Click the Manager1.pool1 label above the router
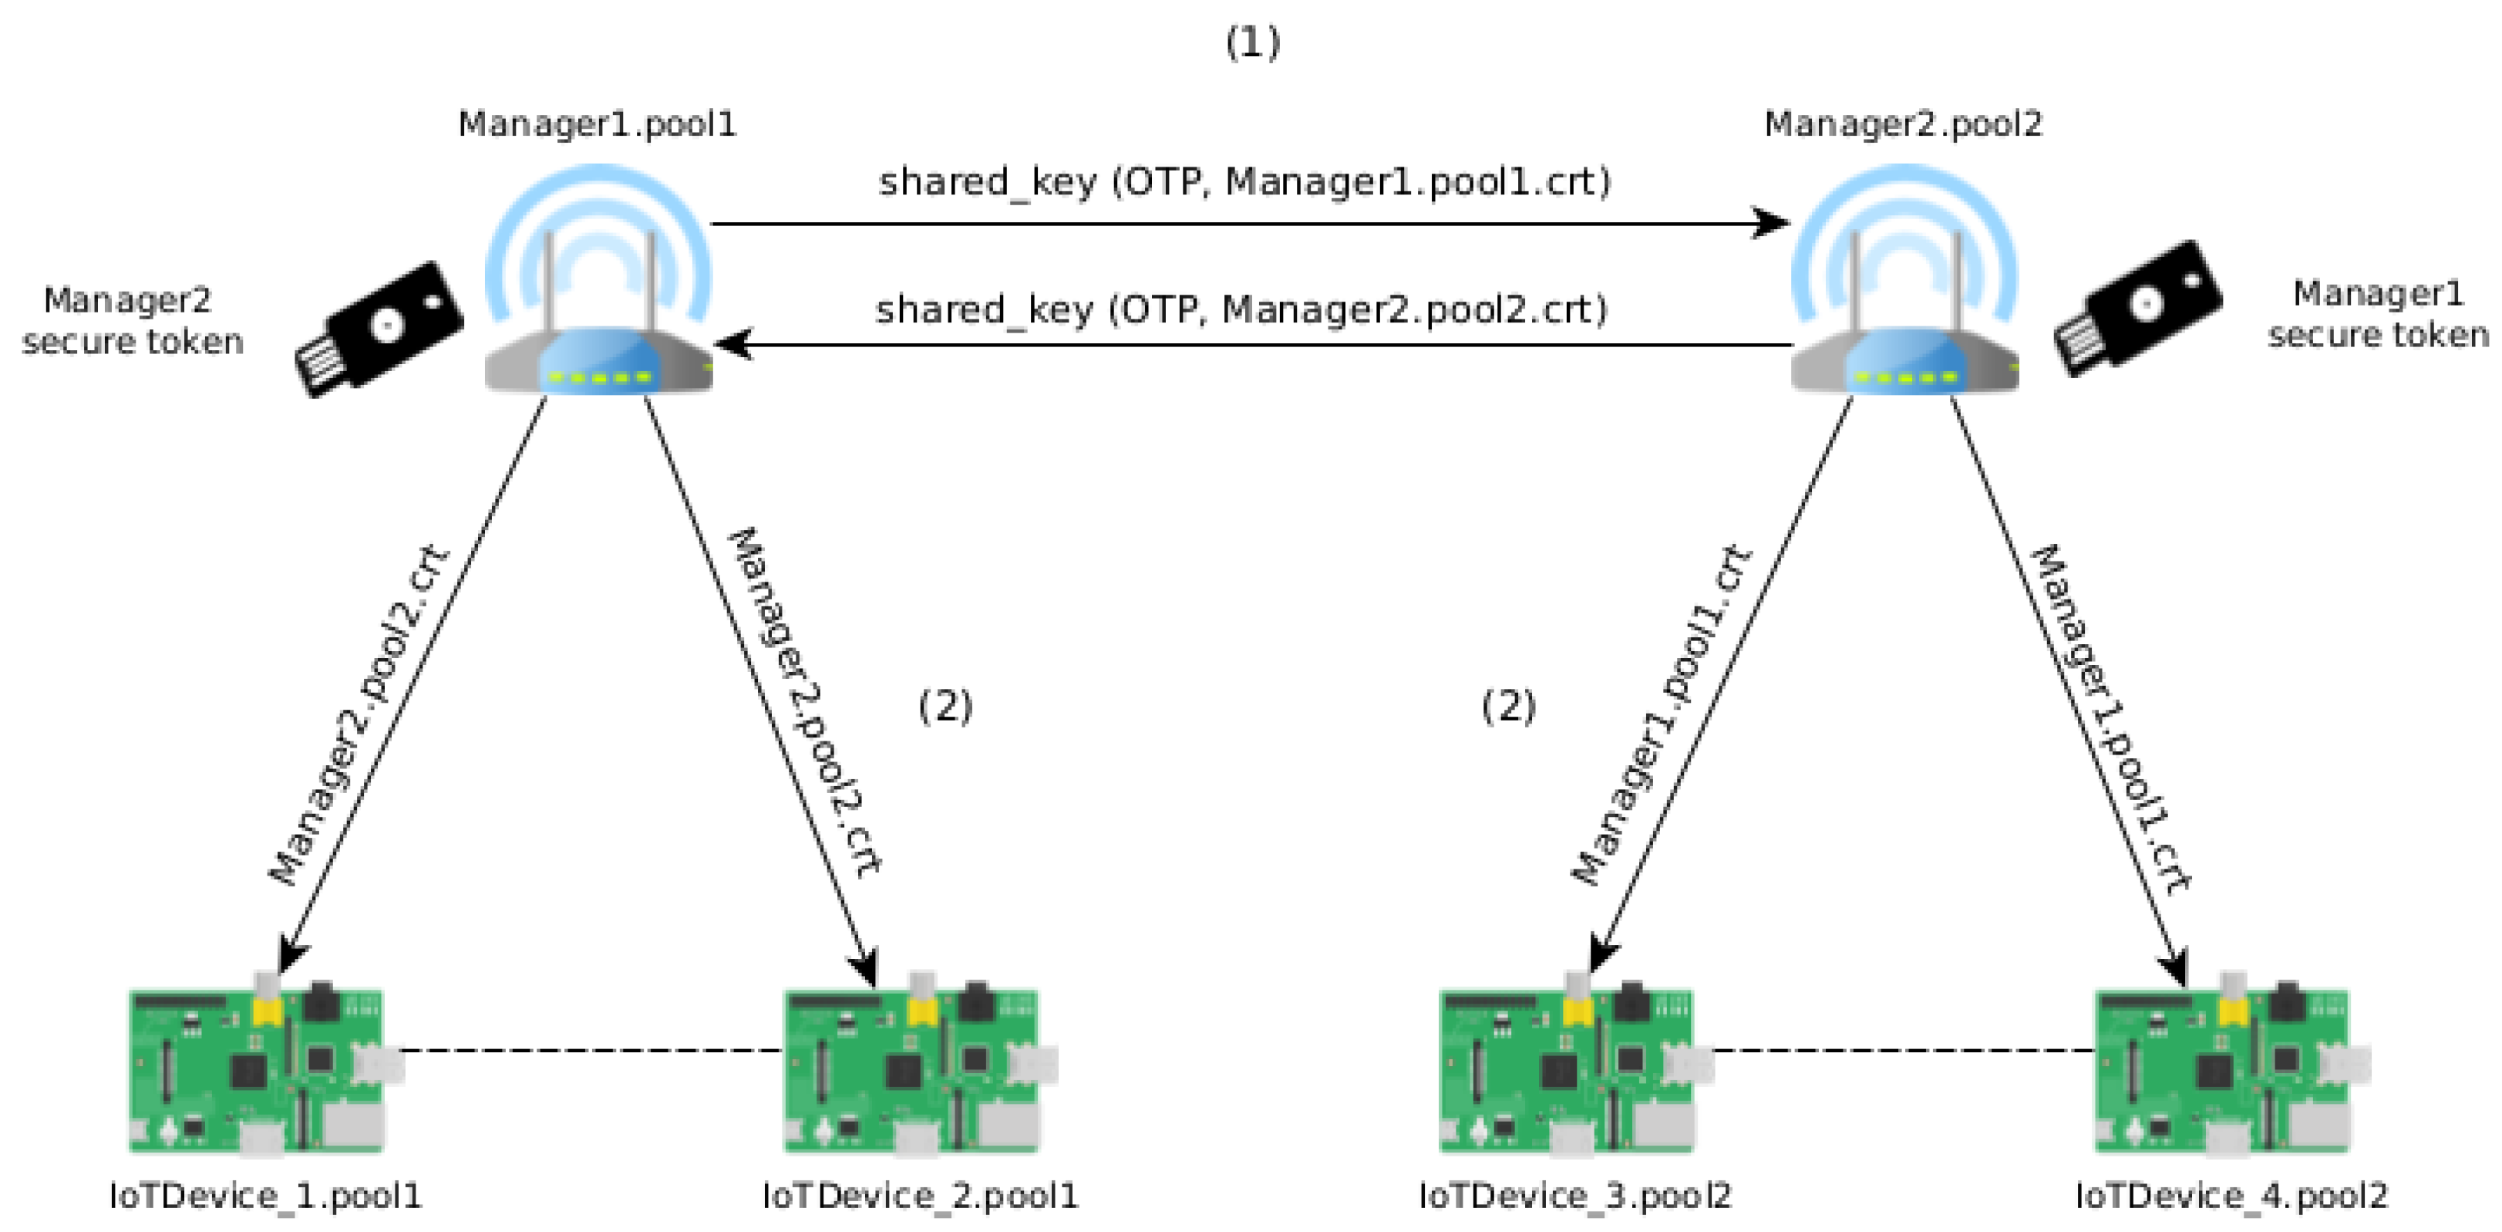598,124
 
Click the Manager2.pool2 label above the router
1903,124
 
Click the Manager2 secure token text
131,321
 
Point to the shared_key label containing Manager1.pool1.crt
1243,183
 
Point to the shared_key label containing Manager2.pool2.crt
1241,311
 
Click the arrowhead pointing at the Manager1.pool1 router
733,344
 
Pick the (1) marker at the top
1252,42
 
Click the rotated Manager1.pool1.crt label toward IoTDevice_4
2110,719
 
